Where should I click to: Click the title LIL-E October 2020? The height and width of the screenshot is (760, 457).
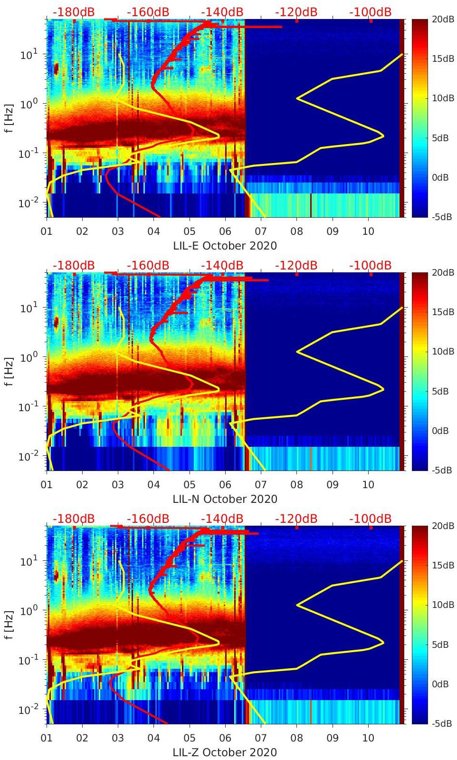click(x=225, y=246)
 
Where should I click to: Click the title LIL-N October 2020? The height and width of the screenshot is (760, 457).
click(x=225, y=499)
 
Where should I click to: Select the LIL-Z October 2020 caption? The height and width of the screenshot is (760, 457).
click(x=225, y=752)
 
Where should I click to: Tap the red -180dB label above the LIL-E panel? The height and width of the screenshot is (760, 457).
click(x=73, y=12)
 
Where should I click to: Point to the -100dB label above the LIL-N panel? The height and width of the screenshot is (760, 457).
click(x=370, y=265)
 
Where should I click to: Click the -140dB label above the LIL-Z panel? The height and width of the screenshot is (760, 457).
click(x=222, y=519)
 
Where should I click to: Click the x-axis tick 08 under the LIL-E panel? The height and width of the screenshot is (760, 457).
click(x=296, y=231)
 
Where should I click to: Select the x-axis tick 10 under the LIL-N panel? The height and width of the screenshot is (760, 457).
click(x=368, y=485)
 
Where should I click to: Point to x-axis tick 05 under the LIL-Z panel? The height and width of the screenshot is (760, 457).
click(x=190, y=738)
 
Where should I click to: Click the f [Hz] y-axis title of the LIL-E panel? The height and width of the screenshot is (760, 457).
click(x=9, y=118)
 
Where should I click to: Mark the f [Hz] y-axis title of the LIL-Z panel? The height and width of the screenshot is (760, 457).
click(x=9, y=625)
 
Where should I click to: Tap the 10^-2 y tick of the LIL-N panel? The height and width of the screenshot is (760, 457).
click(x=28, y=456)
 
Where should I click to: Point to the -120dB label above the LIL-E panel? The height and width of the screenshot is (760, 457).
click(x=296, y=12)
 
